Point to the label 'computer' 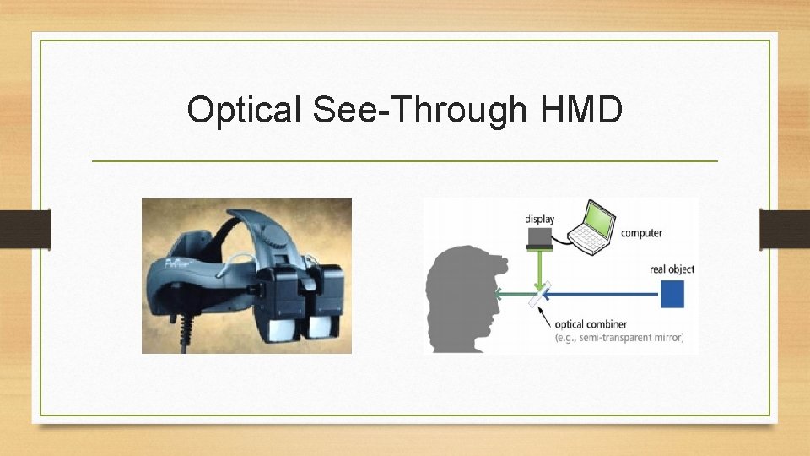(x=641, y=233)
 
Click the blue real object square (x=672, y=295)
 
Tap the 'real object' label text (x=672, y=269)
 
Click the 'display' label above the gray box (x=539, y=220)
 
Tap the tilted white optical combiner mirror (x=537, y=296)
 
